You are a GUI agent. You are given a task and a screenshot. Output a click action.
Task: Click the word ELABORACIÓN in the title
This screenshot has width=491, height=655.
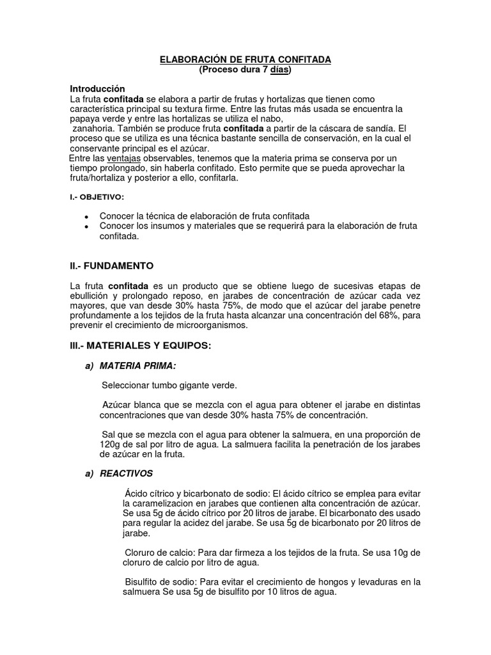coord(189,59)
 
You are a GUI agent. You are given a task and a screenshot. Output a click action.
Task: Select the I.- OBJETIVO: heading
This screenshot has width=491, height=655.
coord(97,198)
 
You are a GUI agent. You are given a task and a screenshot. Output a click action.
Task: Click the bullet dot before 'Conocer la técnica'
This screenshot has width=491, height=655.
coord(86,217)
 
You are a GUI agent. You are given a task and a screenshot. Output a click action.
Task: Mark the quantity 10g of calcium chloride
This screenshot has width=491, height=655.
coord(396,553)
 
